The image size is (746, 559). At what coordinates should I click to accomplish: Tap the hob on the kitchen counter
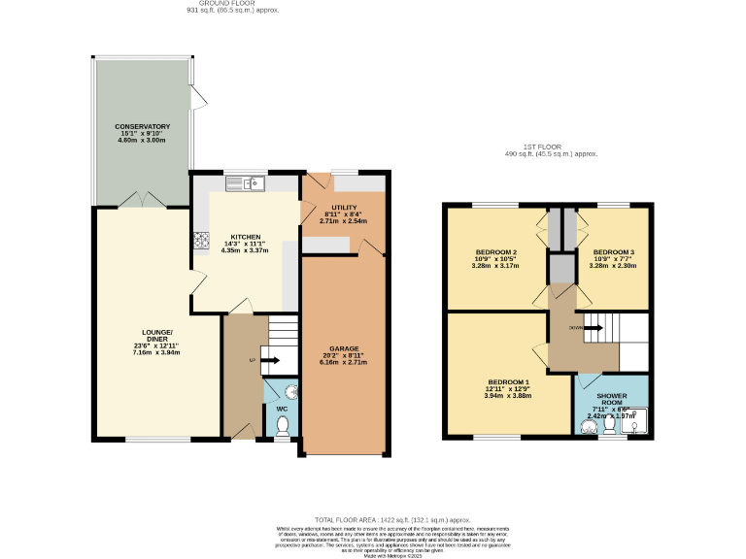click(202, 239)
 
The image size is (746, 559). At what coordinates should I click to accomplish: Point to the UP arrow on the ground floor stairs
click(263, 361)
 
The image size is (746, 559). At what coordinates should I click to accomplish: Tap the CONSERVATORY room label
click(142, 127)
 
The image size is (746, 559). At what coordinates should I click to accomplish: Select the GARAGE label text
click(344, 347)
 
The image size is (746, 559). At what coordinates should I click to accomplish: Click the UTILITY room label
click(344, 209)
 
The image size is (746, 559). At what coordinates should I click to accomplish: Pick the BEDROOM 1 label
click(507, 382)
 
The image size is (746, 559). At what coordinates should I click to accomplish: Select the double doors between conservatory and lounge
click(142, 200)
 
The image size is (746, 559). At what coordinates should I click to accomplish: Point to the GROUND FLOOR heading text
click(219, 3)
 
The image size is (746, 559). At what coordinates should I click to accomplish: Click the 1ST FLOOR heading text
click(551, 146)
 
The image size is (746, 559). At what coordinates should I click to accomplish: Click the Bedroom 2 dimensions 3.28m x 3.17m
click(493, 265)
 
